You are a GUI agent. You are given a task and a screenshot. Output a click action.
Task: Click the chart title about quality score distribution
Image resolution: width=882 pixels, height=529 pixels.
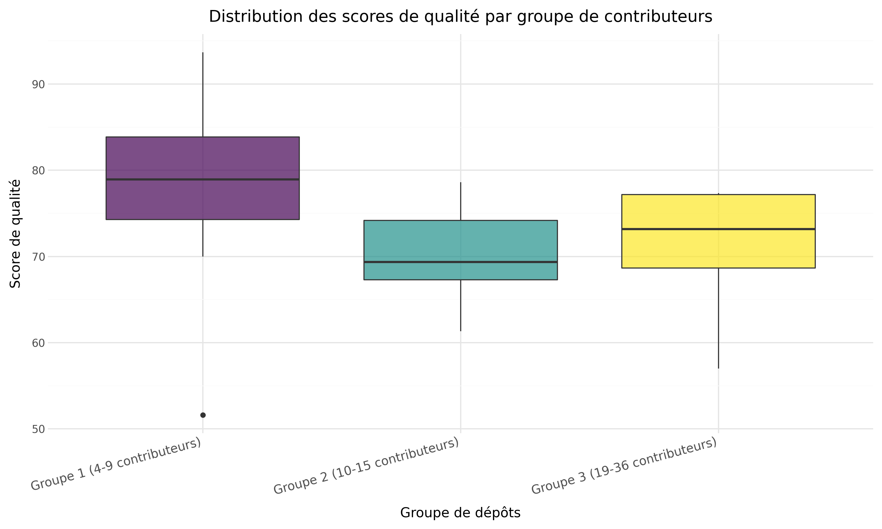pyautogui.click(x=460, y=17)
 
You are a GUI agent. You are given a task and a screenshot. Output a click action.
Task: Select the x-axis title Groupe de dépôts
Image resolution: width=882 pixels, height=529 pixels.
pyautogui.click(x=460, y=513)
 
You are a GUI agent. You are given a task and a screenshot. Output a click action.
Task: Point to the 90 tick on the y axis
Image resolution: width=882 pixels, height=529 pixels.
pyautogui.click(x=39, y=84)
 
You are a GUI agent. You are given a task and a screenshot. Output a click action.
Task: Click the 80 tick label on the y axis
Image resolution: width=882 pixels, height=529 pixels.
pyautogui.click(x=39, y=170)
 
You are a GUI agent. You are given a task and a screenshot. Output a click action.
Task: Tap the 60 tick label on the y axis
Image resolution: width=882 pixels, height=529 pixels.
pyautogui.click(x=39, y=343)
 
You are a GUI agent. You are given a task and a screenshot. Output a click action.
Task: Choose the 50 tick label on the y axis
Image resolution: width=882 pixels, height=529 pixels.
pyautogui.click(x=39, y=429)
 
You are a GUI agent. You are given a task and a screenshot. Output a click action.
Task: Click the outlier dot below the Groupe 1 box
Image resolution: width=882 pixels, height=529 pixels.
pyautogui.click(x=203, y=415)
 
